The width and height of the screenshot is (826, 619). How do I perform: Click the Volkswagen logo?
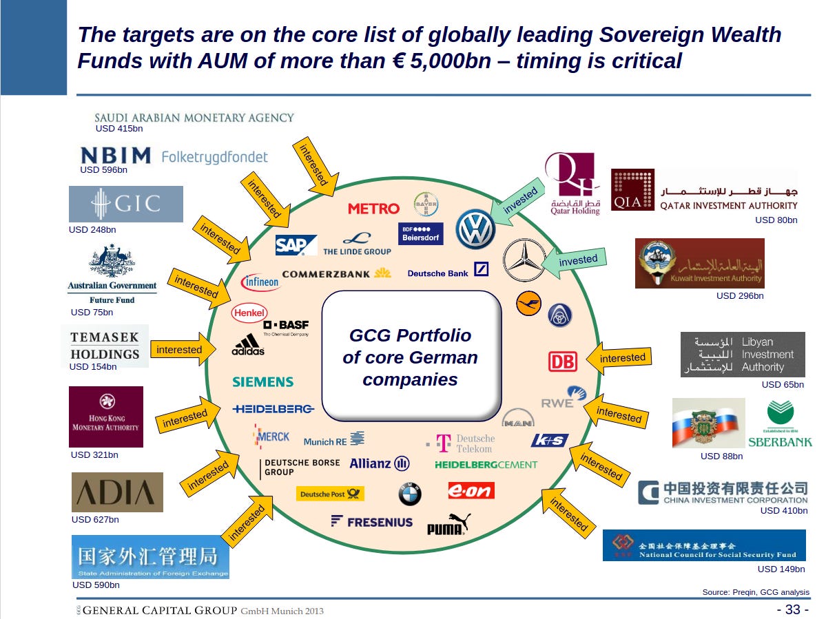point(475,229)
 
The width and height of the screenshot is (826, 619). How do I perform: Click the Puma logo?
point(448,525)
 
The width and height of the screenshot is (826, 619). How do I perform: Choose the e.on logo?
point(471,490)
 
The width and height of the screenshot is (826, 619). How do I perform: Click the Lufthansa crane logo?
point(528,303)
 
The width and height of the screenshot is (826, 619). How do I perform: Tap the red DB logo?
point(562,361)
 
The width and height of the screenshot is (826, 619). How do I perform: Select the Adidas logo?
point(248,344)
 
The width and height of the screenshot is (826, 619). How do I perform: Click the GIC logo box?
point(126,204)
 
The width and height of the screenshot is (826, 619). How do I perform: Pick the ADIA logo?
point(117,492)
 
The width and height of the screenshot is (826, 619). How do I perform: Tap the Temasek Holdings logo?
point(105,346)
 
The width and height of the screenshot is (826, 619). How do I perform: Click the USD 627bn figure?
point(95,520)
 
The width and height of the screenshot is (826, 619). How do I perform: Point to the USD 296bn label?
point(740,296)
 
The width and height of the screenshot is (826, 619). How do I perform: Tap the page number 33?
point(792,609)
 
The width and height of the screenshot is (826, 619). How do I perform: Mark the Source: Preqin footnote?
point(756,592)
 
